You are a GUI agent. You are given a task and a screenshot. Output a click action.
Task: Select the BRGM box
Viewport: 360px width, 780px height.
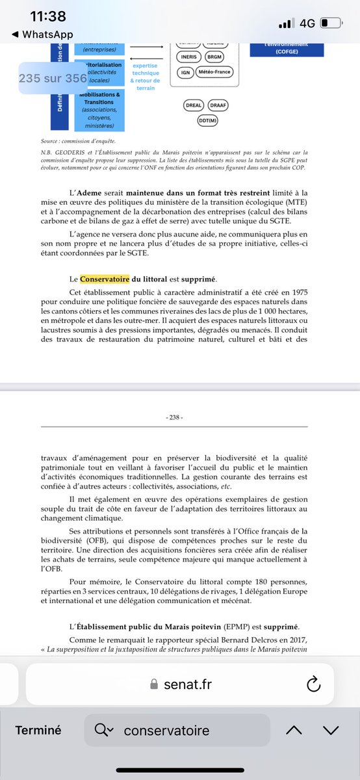click(x=215, y=57)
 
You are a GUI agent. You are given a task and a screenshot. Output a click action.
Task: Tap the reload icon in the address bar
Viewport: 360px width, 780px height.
click(x=313, y=683)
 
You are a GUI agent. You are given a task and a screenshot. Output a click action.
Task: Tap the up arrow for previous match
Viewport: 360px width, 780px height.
click(x=294, y=730)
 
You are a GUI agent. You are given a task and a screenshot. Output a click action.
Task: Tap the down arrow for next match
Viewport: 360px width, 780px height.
click(x=331, y=730)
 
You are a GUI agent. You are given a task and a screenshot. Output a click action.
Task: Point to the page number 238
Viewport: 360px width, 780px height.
click(x=175, y=417)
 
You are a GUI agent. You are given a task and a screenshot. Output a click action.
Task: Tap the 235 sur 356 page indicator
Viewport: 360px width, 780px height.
click(x=53, y=78)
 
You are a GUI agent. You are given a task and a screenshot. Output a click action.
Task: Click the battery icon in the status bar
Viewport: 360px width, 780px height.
click(x=329, y=23)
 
